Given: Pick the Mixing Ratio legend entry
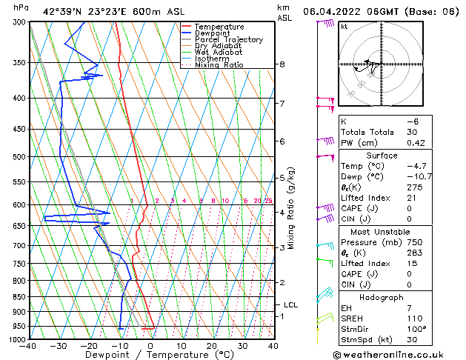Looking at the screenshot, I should [219, 65].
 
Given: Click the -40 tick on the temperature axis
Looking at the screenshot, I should [29, 346].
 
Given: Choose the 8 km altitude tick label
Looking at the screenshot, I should [282, 64].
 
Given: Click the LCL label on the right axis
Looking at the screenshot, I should [290, 304].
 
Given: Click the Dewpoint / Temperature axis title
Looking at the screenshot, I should [151, 355].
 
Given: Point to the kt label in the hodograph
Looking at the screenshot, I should [344, 27].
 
